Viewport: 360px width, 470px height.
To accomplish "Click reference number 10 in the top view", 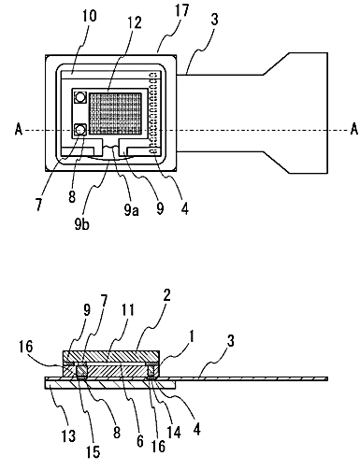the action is coord(89,15).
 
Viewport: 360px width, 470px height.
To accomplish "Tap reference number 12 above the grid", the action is coord(134,22).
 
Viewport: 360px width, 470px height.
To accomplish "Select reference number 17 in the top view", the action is coord(181,9).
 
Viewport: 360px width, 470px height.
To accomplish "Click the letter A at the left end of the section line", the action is coord(19,129).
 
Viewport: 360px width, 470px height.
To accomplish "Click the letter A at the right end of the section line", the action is coord(354,129).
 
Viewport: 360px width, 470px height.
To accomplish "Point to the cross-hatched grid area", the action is coord(115,112).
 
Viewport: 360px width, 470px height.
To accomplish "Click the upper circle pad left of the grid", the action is coord(80,97).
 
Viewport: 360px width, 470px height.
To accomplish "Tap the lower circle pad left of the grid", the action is coord(80,129).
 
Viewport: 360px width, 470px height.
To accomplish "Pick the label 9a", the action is coord(131,209).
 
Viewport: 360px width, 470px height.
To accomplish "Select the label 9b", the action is coord(82,224).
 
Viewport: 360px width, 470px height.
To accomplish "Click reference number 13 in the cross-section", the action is coord(68,435).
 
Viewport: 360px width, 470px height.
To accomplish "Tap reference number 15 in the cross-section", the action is coord(93,451).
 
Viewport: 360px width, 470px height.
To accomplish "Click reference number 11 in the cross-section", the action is coord(127,310).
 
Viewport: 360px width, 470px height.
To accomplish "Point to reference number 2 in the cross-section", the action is coord(166,295).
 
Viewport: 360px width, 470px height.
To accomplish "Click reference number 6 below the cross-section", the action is coord(139,441).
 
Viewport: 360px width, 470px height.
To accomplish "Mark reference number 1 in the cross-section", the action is coord(192,336).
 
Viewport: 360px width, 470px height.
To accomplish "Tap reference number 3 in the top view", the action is coord(214,20).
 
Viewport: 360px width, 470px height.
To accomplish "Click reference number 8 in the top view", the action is coord(72,197).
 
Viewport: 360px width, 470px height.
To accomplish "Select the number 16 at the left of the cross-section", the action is coord(25,347).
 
